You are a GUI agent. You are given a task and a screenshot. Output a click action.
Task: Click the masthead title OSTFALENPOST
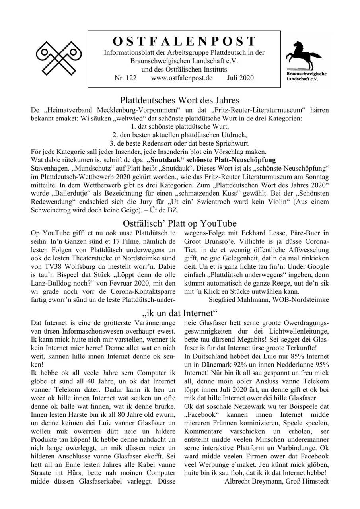tap(184, 41)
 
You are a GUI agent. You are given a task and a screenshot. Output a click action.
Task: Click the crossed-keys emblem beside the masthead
tap(59, 58)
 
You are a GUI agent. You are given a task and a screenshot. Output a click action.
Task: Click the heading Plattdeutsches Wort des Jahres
tap(180, 100)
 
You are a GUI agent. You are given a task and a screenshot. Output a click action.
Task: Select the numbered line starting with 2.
tap(180, 135)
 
